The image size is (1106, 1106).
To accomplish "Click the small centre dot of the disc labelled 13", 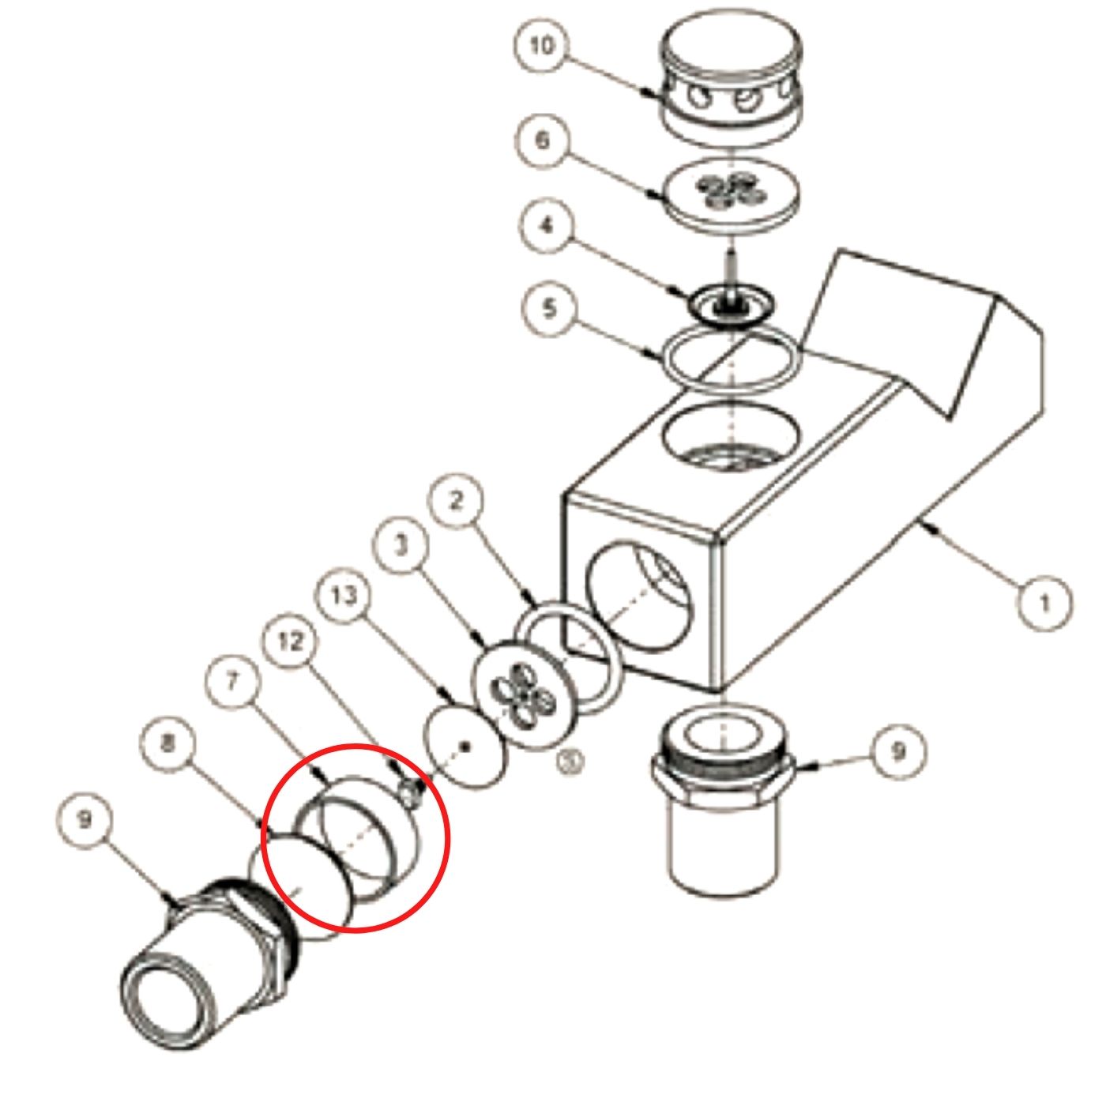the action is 466,747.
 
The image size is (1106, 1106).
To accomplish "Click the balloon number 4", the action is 547,226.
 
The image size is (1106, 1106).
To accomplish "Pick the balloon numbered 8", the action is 167,744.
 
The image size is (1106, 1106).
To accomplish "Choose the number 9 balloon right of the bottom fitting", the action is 898,750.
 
